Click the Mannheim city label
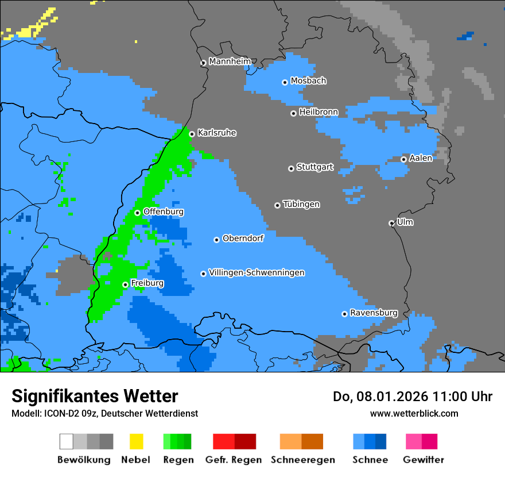coord(230,61)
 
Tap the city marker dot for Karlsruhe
coord(192,134)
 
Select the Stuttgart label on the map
coord(314,167)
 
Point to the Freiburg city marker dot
coord(125,284)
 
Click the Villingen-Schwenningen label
coord(257,272)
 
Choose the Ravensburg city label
coord(374,313)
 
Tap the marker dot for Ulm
coord(391,223)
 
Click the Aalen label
coord(421,158)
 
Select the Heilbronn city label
coord(318,112)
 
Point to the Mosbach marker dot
coord(285,82)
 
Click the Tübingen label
coord(301,204)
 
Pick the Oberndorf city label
coord(243,238)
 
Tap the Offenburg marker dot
coord(137,213)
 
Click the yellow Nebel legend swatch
coord(136,441)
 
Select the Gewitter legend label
coord(423,460)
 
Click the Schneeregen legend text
coord(302,460)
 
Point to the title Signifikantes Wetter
coord(95,396)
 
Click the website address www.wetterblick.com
coord(414,413)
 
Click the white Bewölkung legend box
coord(67,441)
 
